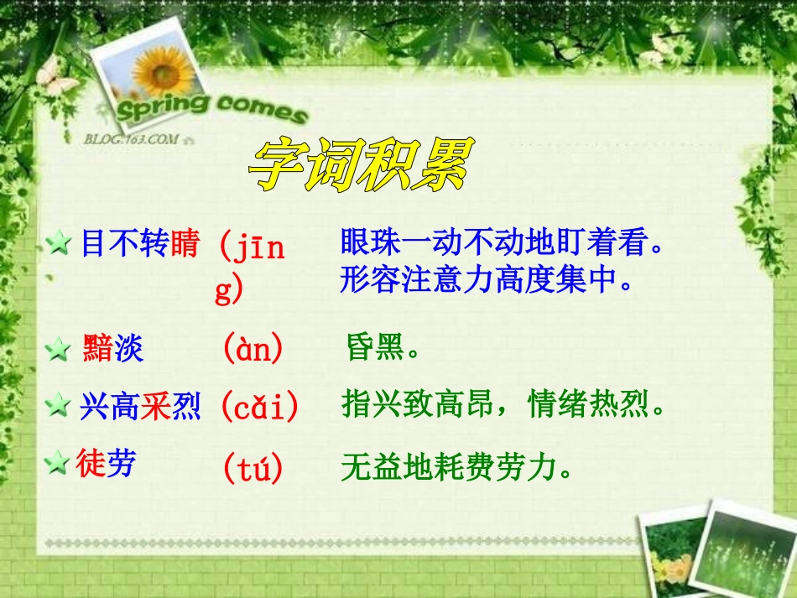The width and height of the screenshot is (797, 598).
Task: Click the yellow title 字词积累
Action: pyautogui.click(x=361, y=164)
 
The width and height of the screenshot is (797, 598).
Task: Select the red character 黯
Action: pyautogui.click(x=98, y=347)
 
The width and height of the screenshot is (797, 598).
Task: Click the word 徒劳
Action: pyautogui.click(x=107, y=462)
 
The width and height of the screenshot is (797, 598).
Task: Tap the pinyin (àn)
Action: pyautogui.click(x=253, y=348)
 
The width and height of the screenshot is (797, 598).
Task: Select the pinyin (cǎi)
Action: pyautogui.click(x=259, y=408)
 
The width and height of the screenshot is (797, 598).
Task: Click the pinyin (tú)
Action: pyautogui.click(x=253, y=468)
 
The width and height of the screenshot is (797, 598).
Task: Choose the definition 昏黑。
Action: pyautogui.click(x=383, y=348)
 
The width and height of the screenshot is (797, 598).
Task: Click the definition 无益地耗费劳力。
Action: pyautogui.click(x=460, y=468)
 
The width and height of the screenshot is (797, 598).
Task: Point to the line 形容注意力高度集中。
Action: pyautogui.click(x=486, y=279)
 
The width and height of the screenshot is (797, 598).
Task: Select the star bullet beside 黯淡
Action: pyautogui.click(x=59, y=350)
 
